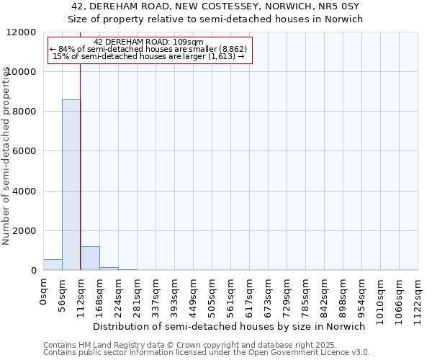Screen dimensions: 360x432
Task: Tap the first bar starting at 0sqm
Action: (53, 265)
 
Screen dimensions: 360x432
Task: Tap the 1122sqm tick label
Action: (418, 297)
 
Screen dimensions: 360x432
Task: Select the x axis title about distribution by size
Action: (230, 326)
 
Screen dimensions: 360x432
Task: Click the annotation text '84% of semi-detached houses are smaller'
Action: (149, 50)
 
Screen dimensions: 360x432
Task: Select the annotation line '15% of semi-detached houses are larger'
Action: (149, 57)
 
